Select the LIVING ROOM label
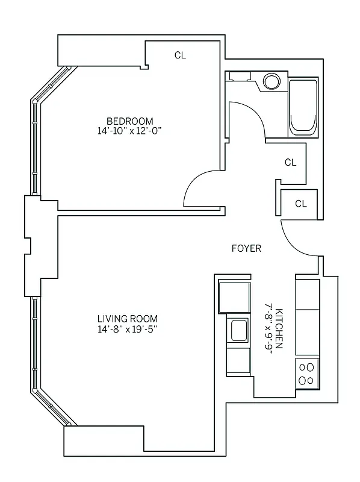point(128,319)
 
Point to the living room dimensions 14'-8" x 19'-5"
point(128,329)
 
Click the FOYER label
point(247,248)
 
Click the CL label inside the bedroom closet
point(180,55)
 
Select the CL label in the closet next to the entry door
point(301,204)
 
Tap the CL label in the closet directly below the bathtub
point(290,162)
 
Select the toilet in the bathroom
point(240,77)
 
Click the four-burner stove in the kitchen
point(307,372)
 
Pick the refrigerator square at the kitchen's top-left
point(234,296)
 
